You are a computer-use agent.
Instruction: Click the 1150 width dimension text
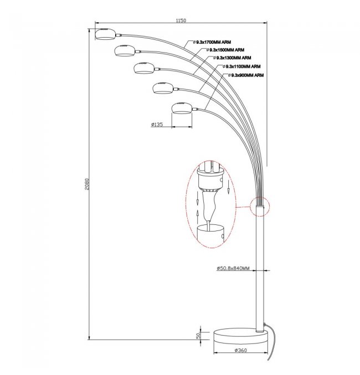181,21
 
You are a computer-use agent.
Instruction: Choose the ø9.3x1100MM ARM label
242,66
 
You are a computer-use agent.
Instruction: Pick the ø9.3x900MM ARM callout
246,74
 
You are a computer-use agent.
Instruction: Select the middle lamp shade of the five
143,68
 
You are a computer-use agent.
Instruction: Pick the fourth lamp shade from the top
162,87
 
